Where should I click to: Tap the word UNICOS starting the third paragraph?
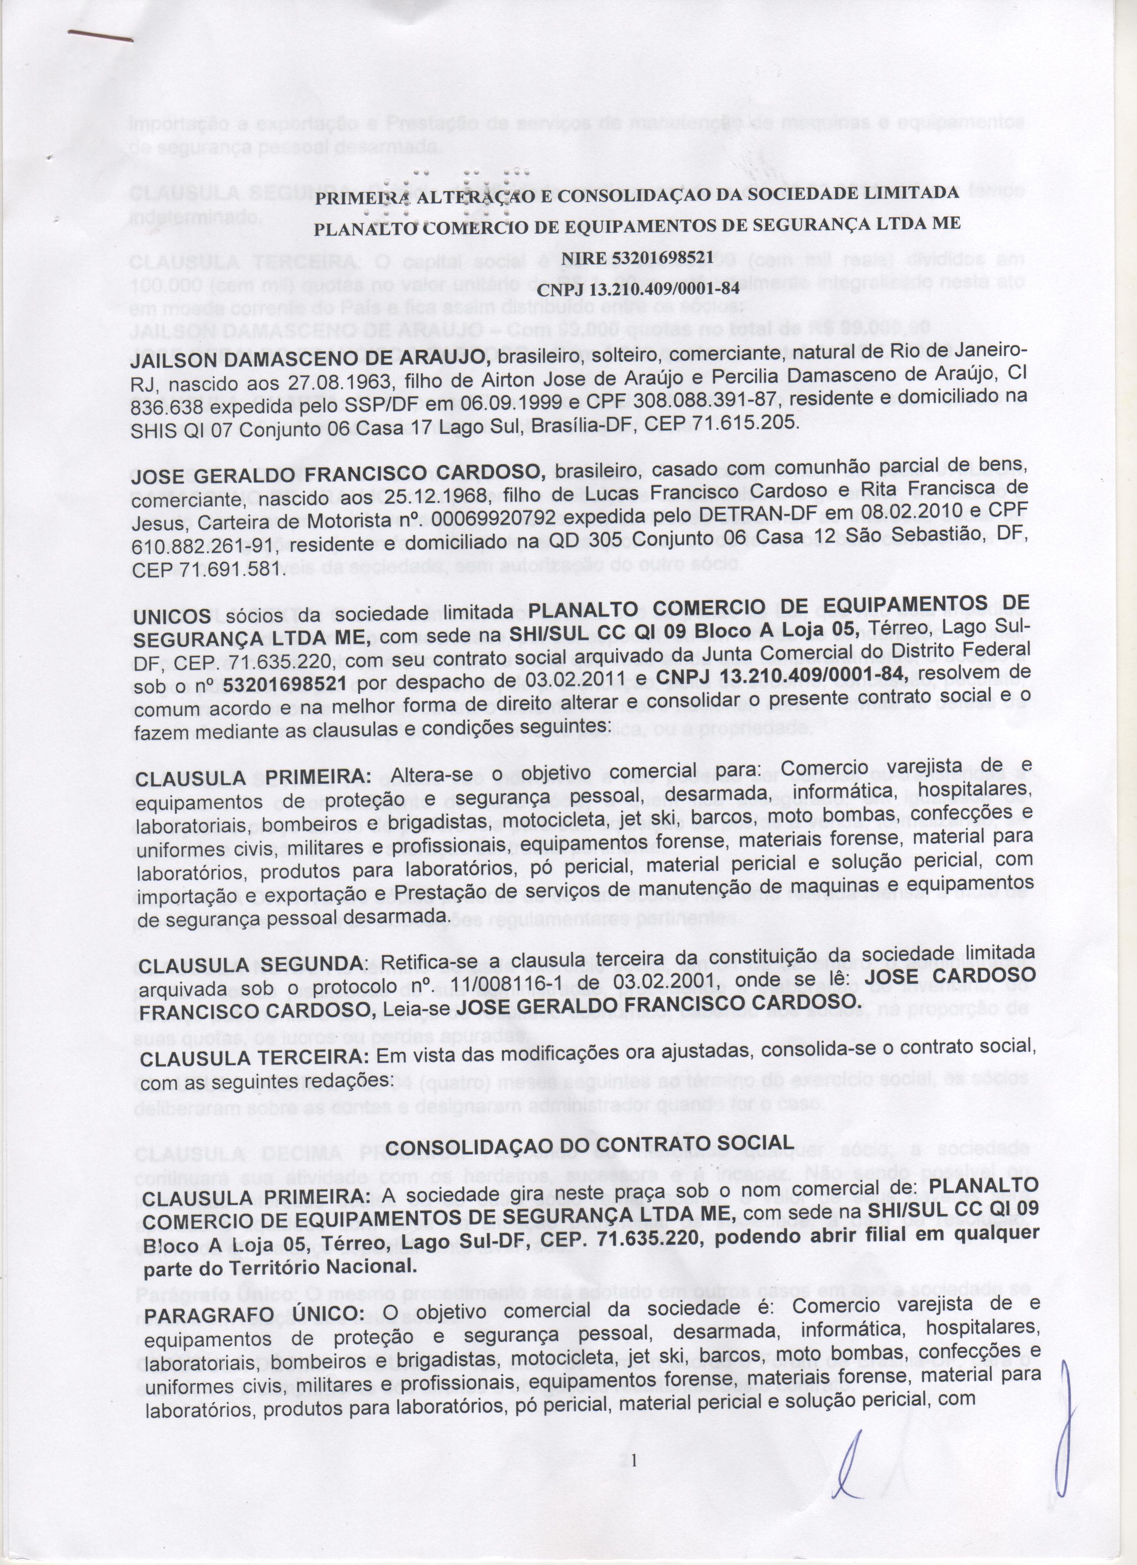172,615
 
